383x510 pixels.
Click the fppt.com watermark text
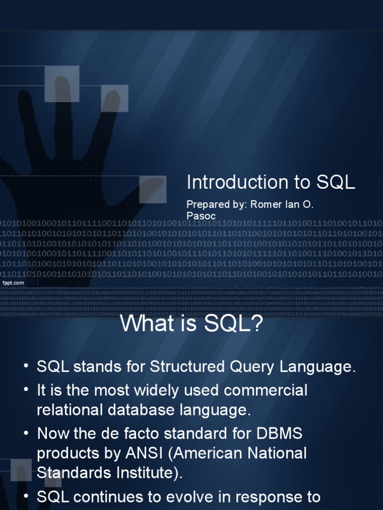(x=13, y=283)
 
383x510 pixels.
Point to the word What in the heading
(x=145, y=325)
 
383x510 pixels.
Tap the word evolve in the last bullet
(x=187, y=497)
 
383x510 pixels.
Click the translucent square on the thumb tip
(x=153, y=189)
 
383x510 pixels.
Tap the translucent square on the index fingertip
(x=115, y=98)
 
